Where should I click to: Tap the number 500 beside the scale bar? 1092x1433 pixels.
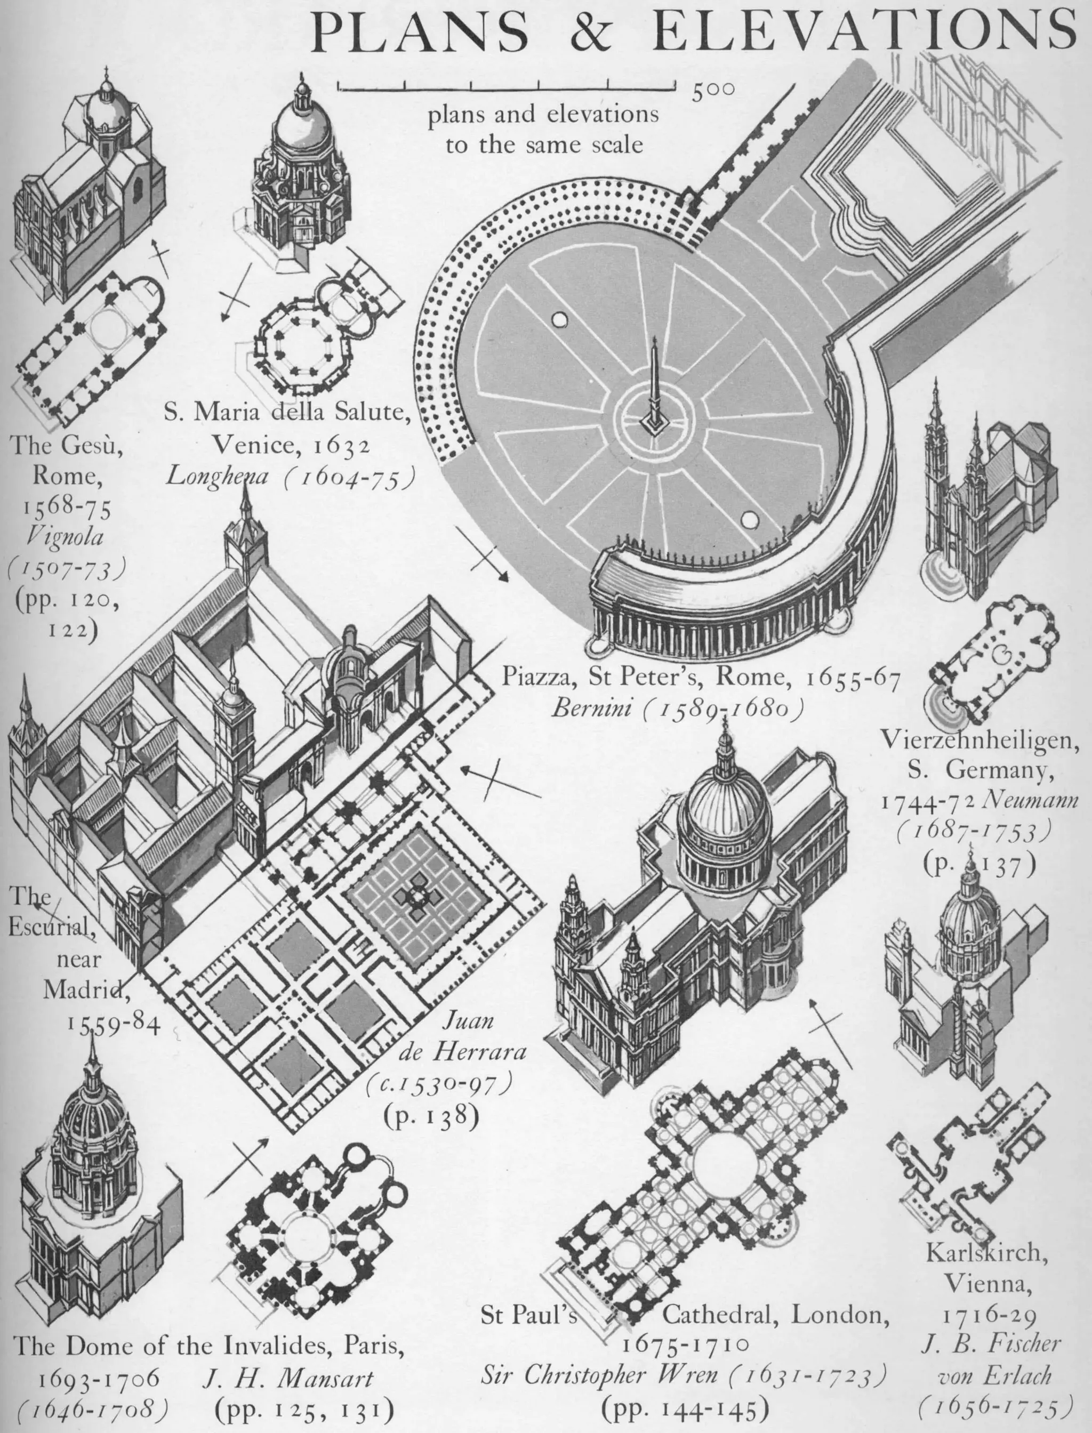pos(712,92)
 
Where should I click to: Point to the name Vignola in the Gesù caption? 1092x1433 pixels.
pos(65,536)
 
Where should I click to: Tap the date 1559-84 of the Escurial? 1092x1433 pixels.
pos(113,1024)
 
